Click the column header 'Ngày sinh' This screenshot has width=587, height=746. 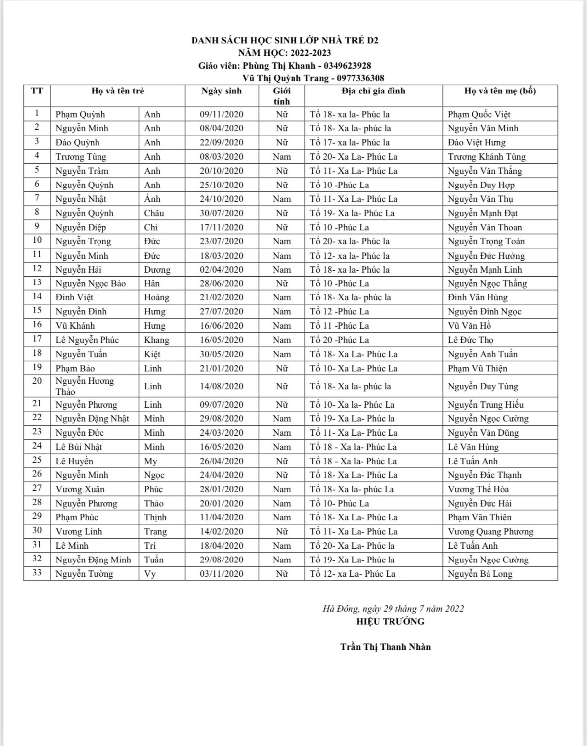[x=221, y=91]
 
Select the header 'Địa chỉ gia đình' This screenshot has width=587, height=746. [x=373, y=91]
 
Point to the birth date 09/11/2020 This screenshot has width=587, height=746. [x=221, y=114]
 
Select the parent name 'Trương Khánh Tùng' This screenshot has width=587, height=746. [x=487, y=157]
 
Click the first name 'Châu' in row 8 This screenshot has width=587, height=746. [x=154, y=213]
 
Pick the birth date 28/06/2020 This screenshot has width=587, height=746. [x=221, y=283]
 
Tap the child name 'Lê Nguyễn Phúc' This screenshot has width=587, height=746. [x=87, y=340]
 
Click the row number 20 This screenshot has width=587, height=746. [x=37, y=381]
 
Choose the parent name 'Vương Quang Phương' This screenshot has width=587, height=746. [x=490, y=532]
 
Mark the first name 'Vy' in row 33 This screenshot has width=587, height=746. [x=150, y=574]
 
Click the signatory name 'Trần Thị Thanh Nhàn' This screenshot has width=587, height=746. [x=386, y=647]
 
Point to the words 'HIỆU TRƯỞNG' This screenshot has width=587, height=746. [x=390, y=621]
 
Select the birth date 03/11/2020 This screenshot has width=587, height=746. [x=221, y=574]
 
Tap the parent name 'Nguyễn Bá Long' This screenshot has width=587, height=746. [x=480, y=574]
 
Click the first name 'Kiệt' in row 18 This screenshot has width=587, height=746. [x=152, y=354]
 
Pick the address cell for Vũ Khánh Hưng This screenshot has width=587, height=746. [x=339, y=326]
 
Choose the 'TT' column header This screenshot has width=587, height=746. [x=37, y=91]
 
